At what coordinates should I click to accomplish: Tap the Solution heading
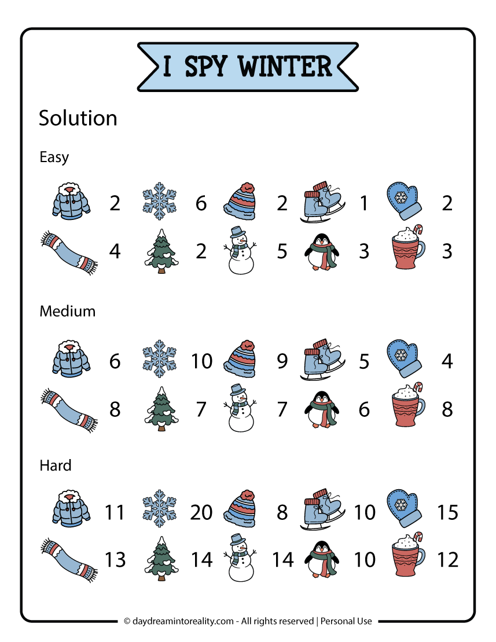[x=78, y=118]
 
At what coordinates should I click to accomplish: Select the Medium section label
[x=67, y=311]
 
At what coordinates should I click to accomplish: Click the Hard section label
[x=56, y=465]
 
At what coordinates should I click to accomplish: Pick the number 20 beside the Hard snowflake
[x=201, y=512]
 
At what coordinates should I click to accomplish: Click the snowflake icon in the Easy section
[x=160, y=202]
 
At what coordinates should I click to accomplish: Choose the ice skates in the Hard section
[x=322, y=512]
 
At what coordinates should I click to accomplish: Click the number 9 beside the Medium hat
[x=282, y=361]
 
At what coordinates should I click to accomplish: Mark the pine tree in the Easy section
[x=161, y=250]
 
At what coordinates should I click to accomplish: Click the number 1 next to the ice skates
[x=363, y=203]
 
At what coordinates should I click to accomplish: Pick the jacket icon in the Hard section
[x=69, y=511]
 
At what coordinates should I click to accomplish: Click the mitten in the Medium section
[x=405, y=359]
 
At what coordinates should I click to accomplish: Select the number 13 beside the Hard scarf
[x=115, y=560]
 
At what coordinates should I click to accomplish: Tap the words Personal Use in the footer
[x=347, y=621]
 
